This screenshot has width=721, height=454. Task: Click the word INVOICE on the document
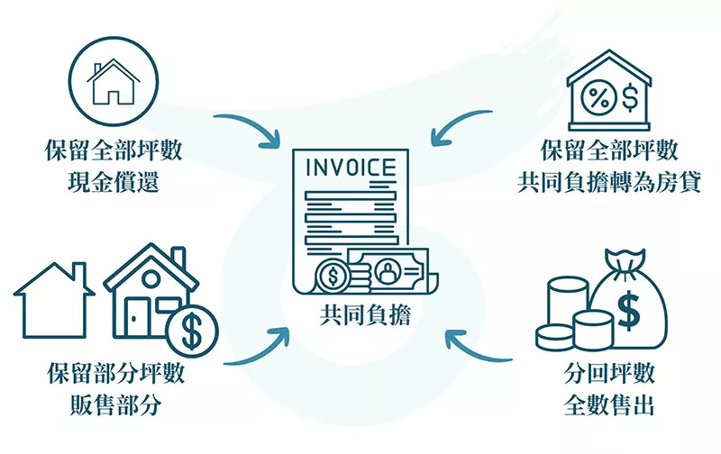click(351, 168)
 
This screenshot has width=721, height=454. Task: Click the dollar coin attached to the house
click(192, 331)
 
